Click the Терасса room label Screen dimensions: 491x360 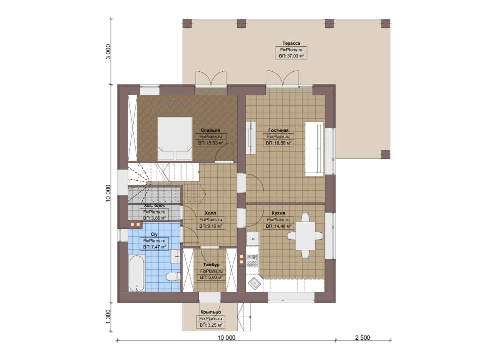pyautogui.click(x=291, y=43)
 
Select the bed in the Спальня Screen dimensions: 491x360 pyautogui.click(x=175, y=138)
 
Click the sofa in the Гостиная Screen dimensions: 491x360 pyautogui.click(x=314, y=149)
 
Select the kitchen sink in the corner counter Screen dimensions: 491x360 pyautogui.click(x=254, y=283)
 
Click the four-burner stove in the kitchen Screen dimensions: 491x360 pyautogui.click(x=252, y=260)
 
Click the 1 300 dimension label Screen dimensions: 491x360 pyautogui.click(x=108, y=317)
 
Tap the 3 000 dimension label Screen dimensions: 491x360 pyautogui.click(x=108, y=52)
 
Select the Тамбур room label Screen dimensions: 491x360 pyautogui.click(x=211, y=265)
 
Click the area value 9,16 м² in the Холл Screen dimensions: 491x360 pyautogui.click(x=211, y=226)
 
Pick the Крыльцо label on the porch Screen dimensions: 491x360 pyautogui.click(x=211, y=312)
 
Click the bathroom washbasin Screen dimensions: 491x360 pyautogui.click(x=175, y=256)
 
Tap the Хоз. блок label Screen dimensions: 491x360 pyautogui.click(x=154, y=206)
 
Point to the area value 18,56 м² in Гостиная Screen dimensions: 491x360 pyautogui.click(x=278, y=143)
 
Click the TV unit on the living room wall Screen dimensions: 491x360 pyautogui.click(x=251, y=138)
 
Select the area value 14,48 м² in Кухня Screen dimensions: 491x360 pyautogui.click(x=278, y=226)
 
